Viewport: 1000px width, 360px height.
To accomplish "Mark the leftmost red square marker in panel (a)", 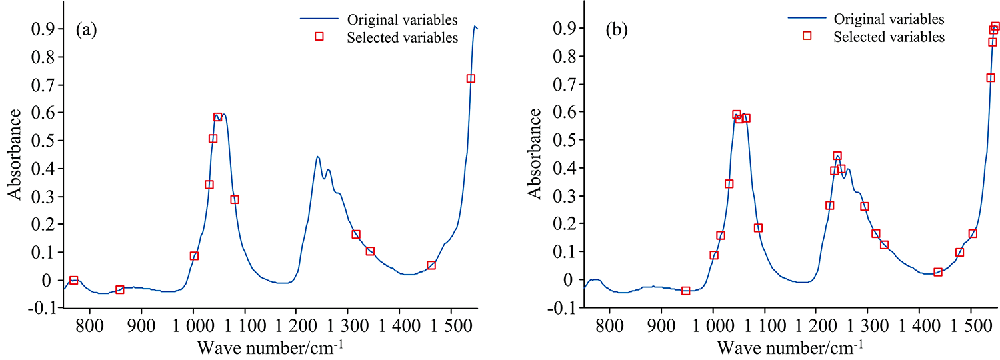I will pos(74,281).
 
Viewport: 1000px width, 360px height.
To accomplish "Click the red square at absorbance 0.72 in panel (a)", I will pos(471,79).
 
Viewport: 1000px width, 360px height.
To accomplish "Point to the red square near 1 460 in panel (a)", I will pos(431,265).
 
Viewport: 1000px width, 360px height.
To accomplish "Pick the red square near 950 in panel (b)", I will pos(685,291).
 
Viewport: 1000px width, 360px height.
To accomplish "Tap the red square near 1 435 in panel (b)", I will pos(938,272).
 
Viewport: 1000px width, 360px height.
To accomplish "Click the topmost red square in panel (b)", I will pos(995,27).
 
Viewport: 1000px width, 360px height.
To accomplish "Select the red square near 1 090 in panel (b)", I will pos(758,228).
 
